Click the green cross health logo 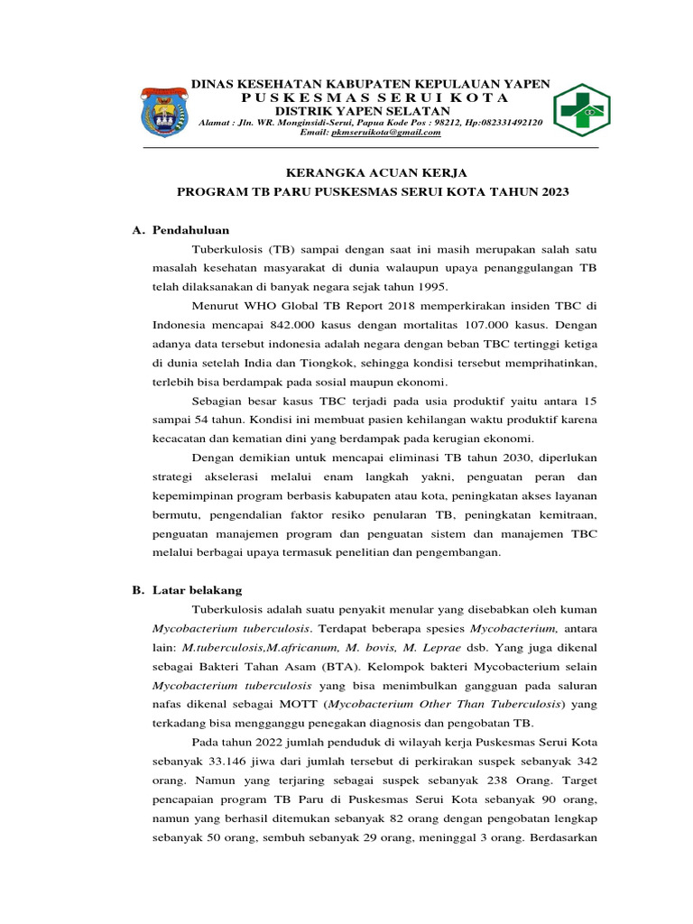(580, 110)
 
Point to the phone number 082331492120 (513, 122)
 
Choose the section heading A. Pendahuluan (180, 230)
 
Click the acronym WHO (259, 305)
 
